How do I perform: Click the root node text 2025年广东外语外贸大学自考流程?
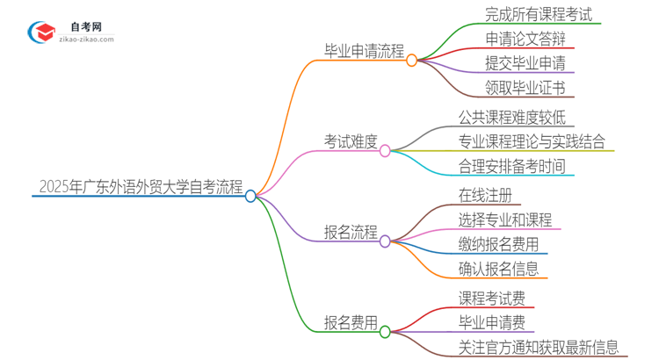point(141,186)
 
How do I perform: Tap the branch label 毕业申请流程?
point(363,52)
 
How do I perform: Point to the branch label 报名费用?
point(351,322)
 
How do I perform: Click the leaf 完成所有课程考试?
point(539,14)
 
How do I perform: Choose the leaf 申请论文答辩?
point(525,38)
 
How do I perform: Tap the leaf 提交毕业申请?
point(525,62)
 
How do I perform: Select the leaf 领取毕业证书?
point(525,86)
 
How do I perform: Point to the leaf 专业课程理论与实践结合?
point(532,141)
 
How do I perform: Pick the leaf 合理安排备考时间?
point(511,165)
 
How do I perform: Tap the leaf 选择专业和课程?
point(504,220)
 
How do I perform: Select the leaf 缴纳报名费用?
point(497,244)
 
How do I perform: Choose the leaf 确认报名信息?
point(497,269)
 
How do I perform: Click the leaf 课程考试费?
point(491,299)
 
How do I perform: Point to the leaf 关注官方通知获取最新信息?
point(538,347)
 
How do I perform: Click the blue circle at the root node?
point(250,196)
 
